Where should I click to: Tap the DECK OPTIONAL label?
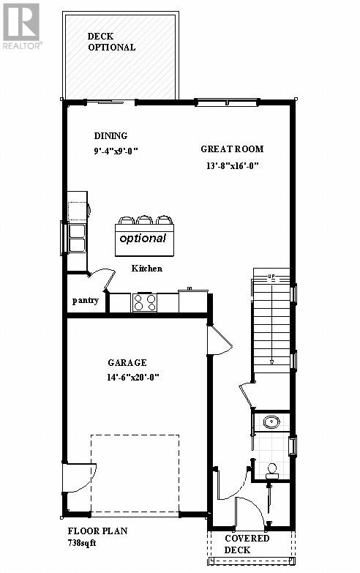(x=111, y=42)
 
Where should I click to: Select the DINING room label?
(x=110, y=135)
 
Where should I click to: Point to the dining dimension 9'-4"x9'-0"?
(x=116, y=151)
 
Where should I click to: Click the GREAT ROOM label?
(x=232, y=149)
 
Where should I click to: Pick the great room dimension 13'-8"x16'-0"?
(x=233, y=165)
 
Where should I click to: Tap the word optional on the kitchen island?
(x=143, y=238)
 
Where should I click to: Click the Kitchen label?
(x=146, y=269)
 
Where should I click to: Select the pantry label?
(x=85, y=300)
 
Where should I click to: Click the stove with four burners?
(x=144, y=302)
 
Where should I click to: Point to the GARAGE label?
(x=127, y=363)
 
